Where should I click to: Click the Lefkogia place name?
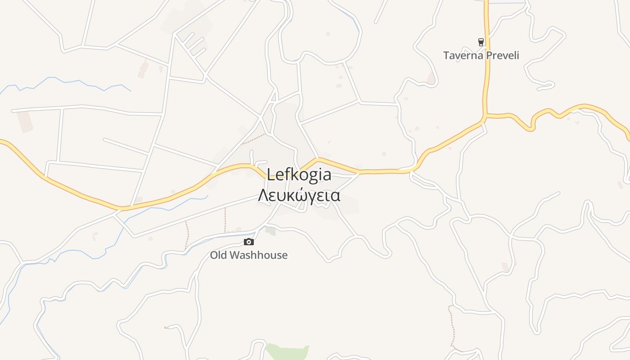[x=299, y=175]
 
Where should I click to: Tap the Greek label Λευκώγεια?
[x=299, y=195]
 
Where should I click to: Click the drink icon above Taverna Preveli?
[x=481, y=42]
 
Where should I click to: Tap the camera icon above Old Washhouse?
[x=248, y=242]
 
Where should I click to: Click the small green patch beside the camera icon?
[x=270, y=231]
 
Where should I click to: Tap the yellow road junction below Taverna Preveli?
[x=486, y=116]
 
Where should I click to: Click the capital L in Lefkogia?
[x=271, y=175]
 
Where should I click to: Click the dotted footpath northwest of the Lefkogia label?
[x=254, y=139]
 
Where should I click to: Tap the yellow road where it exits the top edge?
[x=486, y=2]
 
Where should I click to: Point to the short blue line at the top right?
[x=507, y=4]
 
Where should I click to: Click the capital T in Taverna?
[x=446, y=55]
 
